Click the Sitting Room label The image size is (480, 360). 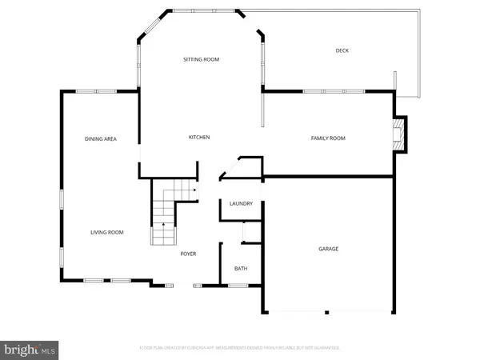tap(201, 59)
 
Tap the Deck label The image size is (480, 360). tap(342, 51)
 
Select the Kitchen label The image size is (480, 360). tap(198, 138)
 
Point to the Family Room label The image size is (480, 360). tap(327, 138)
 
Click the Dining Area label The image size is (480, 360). tap(101, 139)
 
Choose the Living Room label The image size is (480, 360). tap(106, 232)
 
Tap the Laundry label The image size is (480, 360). tap(241, 204)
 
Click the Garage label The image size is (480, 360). tap(328, 249)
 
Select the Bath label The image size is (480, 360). tap(241, 269)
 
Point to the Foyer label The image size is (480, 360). tap(188, 254)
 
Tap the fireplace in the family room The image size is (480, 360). tap(401, 134)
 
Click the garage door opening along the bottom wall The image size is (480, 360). tap(328, 311)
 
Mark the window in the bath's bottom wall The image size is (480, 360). tap(238, 283)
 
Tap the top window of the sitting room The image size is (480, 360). tap(203, 10)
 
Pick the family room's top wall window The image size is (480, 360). tap(324, 90)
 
